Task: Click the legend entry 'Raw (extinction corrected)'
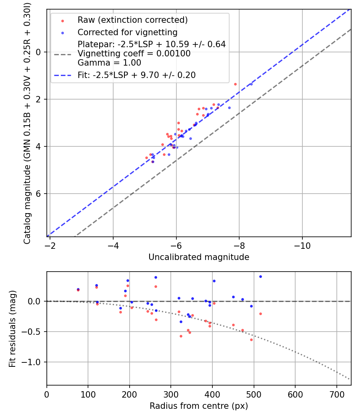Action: click(x=132, y=20)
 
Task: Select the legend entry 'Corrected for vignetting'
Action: click(x=127, y=32)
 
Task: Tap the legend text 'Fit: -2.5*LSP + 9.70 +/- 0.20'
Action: click(x=136, y=75)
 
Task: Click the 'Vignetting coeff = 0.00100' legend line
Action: click(x=134, y=54)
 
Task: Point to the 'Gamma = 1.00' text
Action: click(x=109, y=63)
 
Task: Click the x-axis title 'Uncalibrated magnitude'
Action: click(x=199, y=257)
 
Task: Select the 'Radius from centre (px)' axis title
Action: click(x=199, y=406)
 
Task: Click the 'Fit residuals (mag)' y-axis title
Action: click(x=12, y=328)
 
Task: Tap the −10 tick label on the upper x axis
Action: click(x=302, y=246)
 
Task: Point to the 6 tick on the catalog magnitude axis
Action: click(x=39, y=194)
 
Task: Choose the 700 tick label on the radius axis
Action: click(x=336, y=394)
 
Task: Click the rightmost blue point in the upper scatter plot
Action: click(x=251, y=84)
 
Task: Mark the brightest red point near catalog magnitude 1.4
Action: click(x=235, y=84)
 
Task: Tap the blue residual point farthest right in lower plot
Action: click(x=260, y=276)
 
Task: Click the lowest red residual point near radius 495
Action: click(x=251, y=340)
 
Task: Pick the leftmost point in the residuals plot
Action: click(x=78, y=289)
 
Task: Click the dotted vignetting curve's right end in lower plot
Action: click(x=349, y=379)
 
